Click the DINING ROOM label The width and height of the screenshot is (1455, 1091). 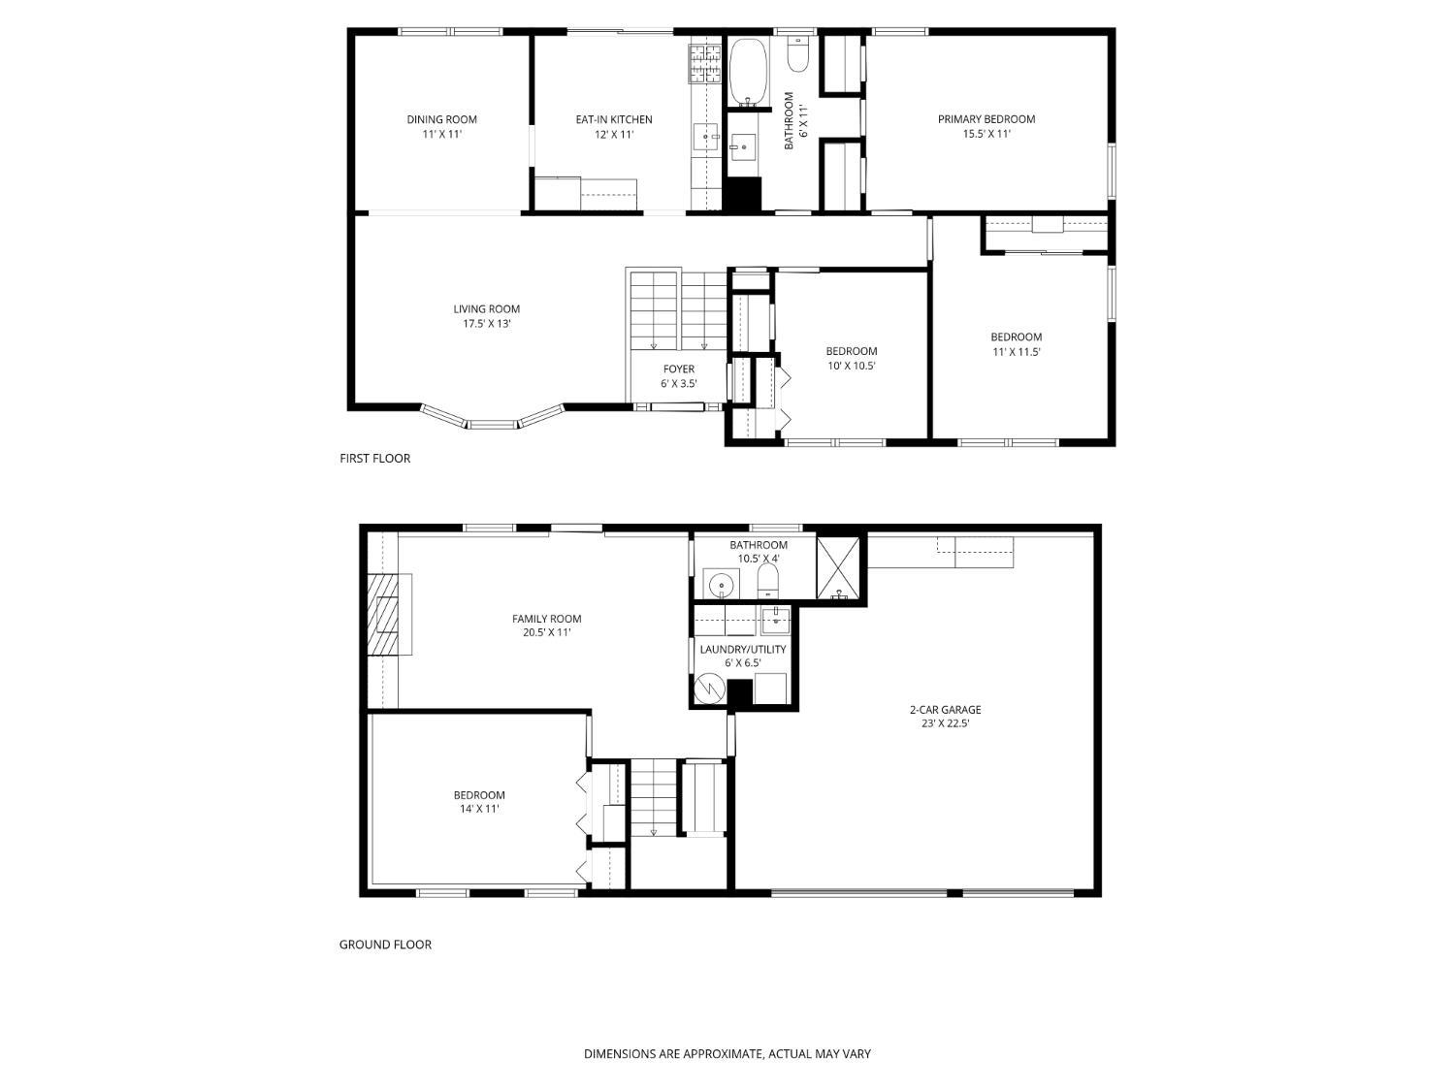[x=441, y=119]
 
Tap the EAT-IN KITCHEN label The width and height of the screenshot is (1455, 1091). [x=614, y=120]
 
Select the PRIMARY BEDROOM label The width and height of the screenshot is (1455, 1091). [x=986, y=119]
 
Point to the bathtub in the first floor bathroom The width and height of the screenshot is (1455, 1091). [x=749, y=72]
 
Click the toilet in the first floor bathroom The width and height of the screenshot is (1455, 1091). [x=798, y=53]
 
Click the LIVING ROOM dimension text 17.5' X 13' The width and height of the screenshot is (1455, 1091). [x=487, y=324]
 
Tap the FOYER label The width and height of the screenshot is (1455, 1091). [x=679, y=369]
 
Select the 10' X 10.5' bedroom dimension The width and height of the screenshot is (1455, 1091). [x=852, y=366]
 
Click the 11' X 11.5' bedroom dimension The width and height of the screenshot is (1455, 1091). [x=1017, y=352]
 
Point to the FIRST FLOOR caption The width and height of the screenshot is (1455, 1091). [x=375, y=459]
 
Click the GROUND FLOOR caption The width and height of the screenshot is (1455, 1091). [x=385, y=945]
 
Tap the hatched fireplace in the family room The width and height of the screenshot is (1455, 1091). [x=384, y=614]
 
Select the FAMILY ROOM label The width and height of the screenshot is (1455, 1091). [x=547, y=619]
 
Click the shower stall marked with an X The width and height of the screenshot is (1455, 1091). [x=838, y=568]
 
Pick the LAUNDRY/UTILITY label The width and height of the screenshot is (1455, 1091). [x=743, y=649]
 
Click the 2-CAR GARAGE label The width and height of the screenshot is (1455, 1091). [x=945, y=710]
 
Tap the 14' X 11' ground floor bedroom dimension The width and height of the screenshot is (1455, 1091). [x=479, y=809]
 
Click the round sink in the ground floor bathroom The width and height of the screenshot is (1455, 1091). [x=719, y=586]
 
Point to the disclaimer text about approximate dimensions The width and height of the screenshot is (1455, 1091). [x=727, y=1054]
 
